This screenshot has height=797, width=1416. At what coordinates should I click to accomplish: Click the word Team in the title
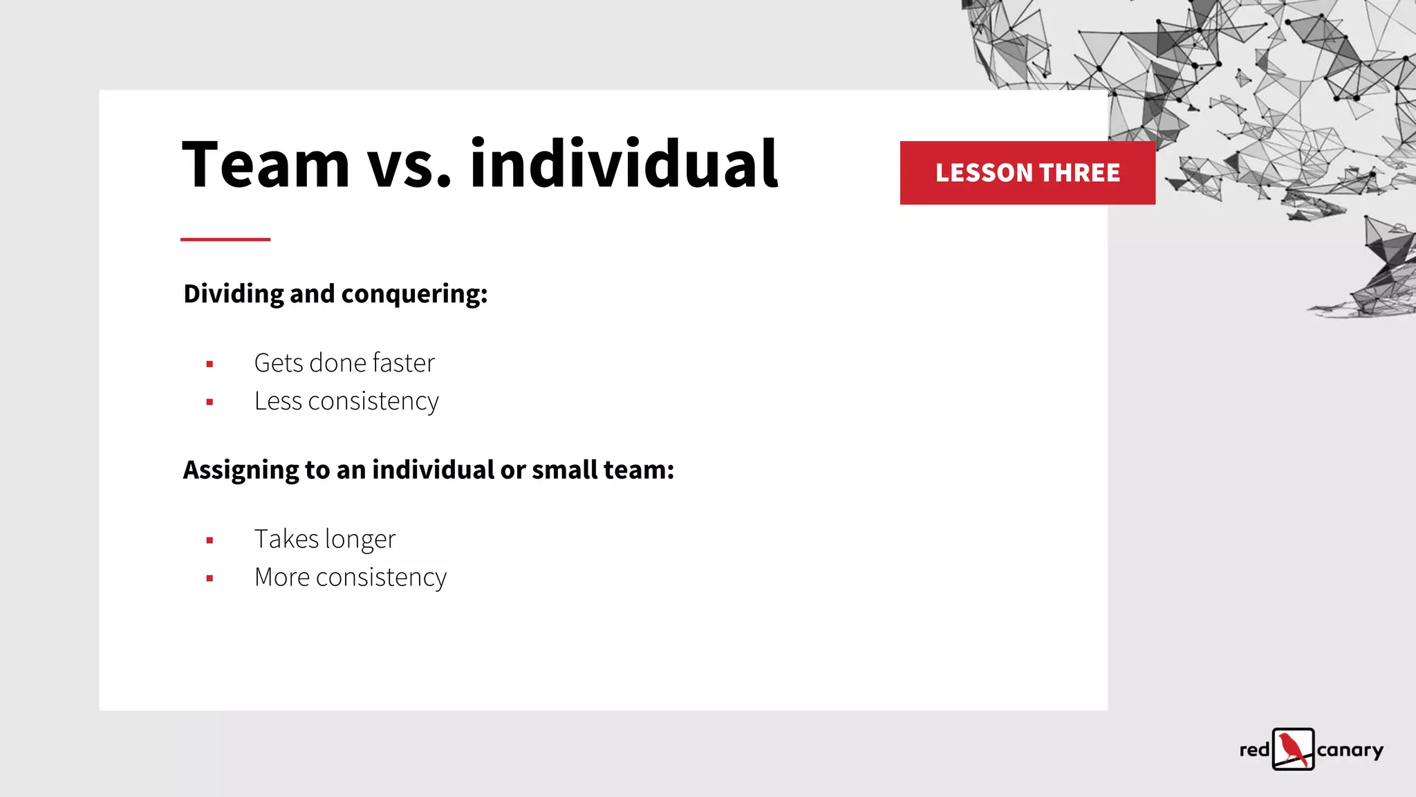(x=265, y=165)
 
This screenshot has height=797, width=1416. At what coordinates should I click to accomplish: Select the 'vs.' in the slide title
(x=409, y=166)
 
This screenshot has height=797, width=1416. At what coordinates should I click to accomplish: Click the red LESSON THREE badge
(x=1027, y=173)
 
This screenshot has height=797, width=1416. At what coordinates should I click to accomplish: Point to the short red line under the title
(x=225, y=239)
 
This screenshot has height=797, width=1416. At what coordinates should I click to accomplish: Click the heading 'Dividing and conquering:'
(x=335, y=294)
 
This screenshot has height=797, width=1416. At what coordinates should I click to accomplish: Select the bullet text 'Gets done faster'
(x=344, y=363)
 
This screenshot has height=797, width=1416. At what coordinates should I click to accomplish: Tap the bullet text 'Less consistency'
(x=346, y=401)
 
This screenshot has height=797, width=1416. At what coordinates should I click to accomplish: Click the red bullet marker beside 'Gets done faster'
(x=209, y=364)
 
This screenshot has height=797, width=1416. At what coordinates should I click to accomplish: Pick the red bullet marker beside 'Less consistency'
(x=209, y=402)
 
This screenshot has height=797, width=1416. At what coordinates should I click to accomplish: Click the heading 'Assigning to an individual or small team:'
(x=428, y=470)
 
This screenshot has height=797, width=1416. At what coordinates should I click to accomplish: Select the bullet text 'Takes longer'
(x=325, y=540)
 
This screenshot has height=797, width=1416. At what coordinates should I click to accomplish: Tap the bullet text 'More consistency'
(x=351, y=578)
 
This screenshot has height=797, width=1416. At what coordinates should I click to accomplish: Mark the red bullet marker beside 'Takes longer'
(x=209, y=540)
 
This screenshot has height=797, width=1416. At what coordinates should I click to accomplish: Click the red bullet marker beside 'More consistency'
(x=209, y=578)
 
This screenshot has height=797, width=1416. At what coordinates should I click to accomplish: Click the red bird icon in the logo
(x=1293, y=749)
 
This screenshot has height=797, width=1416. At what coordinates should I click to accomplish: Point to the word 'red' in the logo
(x=1254, y=750)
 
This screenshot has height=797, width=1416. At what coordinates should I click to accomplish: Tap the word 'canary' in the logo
(x=1350, y=751)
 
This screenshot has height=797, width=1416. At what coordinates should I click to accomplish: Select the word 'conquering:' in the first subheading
(x=415, y=295)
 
